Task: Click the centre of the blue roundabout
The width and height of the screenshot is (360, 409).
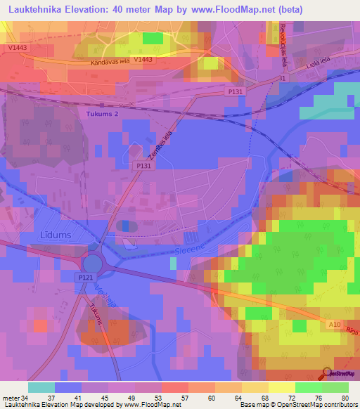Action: pyautogui.click(x=93, y=265)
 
